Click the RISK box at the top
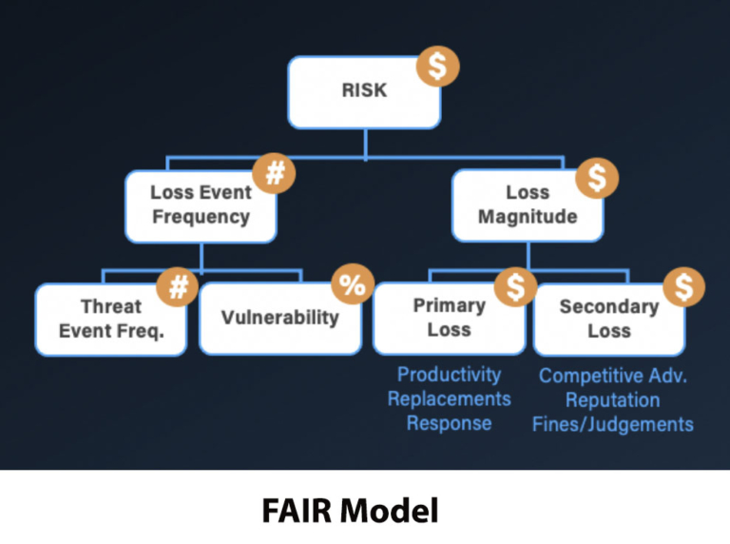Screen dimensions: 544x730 click(364, 92)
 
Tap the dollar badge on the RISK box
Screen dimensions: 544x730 click(438, 67)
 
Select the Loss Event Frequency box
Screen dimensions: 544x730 click(201, 204)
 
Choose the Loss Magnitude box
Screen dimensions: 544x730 click(527, 204)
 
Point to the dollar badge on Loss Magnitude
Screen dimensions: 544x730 click(598, 178)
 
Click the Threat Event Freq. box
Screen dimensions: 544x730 click(110, 319)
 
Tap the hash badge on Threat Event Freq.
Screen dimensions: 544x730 click(177, 288)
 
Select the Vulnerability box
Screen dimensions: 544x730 click(279, 318)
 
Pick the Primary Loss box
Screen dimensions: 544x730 click(448, 318)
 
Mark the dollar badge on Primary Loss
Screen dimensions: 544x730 click(514, 288)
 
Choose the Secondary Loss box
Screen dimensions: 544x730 click(608, 319)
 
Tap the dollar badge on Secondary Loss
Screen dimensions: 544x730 click(683, 288)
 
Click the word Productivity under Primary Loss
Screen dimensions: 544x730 click(449, 375)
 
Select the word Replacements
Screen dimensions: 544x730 click(449, 398)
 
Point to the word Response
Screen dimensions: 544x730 click(449, 423)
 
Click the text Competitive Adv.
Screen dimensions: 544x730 click(613, 376)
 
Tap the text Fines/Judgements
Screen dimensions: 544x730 click(613, 423)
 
